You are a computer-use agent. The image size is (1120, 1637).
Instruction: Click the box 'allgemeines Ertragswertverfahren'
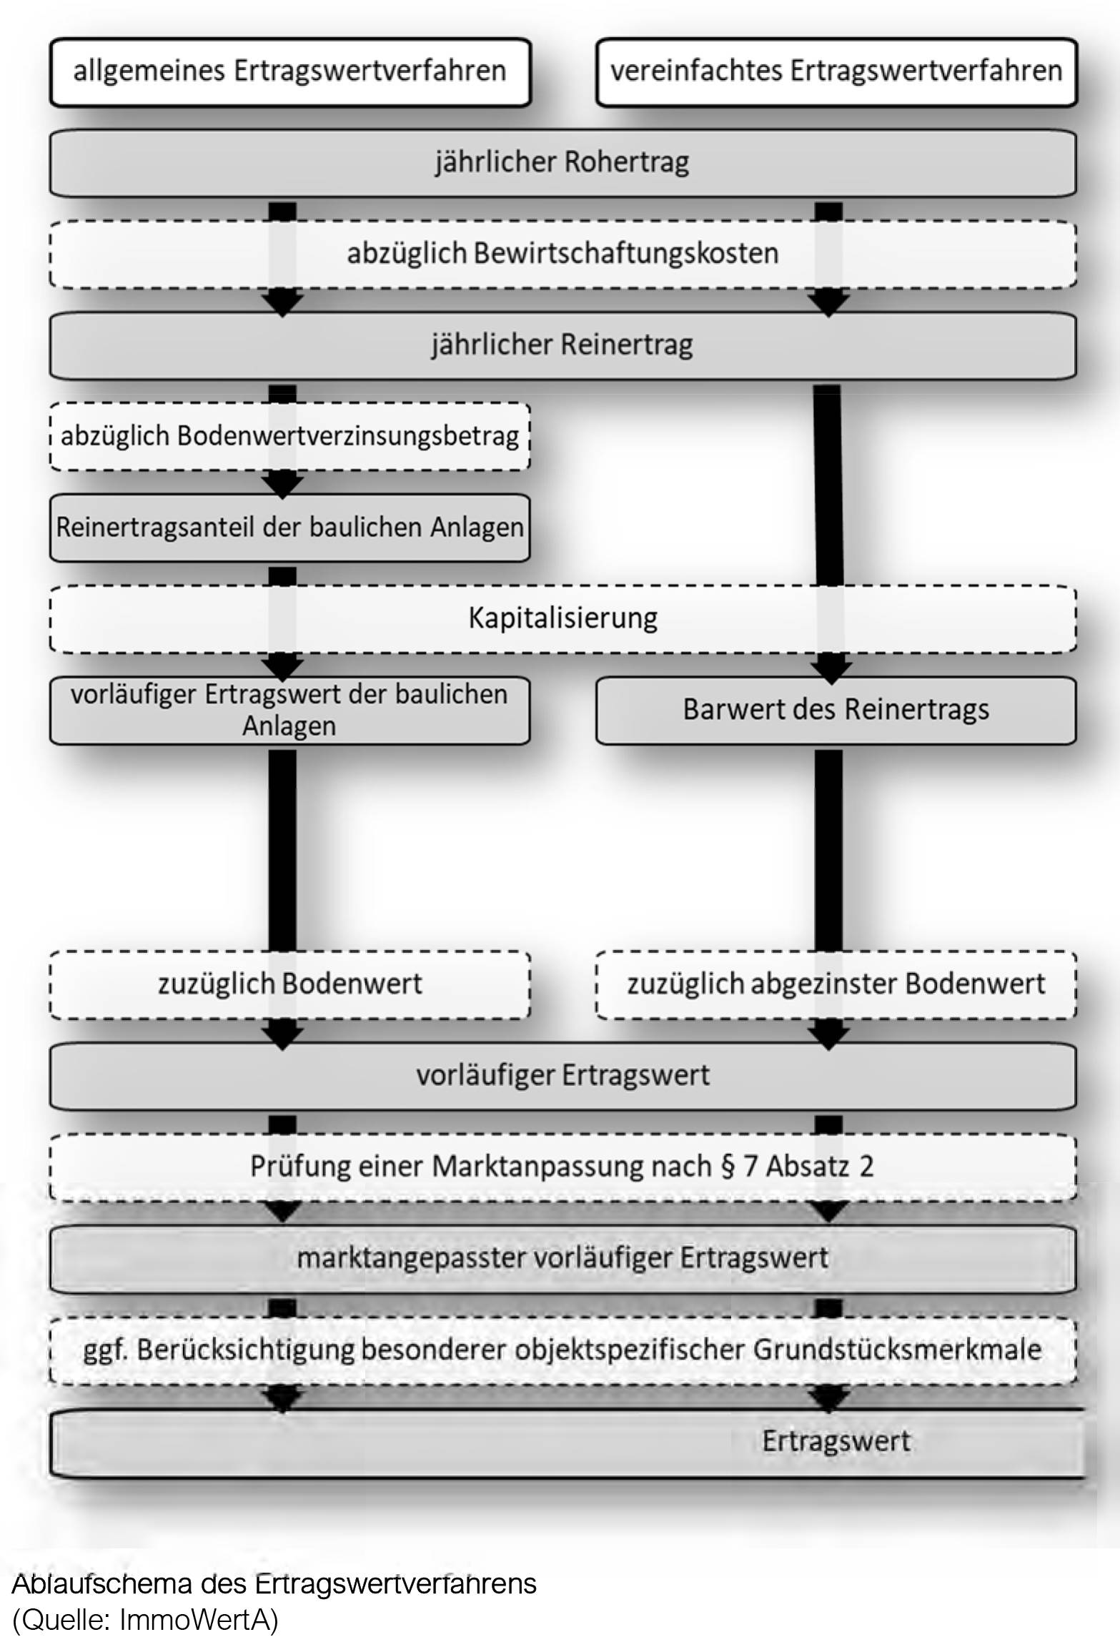(289, 72)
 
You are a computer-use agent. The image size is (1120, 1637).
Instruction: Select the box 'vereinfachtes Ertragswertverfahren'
(836, 72)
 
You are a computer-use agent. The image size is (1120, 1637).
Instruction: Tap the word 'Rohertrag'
(625, 162)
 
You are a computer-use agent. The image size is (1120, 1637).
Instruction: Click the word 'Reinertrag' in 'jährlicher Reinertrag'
(627, 345)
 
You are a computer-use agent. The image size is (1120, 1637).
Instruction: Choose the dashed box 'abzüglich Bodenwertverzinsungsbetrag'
(289, 437)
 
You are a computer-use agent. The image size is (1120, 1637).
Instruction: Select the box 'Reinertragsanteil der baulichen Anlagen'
(289, 528)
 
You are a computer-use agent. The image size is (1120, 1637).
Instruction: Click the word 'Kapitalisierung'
(563, 618)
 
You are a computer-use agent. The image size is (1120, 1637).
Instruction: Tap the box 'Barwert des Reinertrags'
(836, 710)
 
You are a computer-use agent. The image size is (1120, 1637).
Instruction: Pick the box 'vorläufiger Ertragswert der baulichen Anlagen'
(289, 710)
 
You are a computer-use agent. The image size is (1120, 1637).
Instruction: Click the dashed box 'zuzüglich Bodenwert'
(289, 984)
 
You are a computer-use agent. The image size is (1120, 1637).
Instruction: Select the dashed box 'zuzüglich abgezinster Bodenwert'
(836, 984)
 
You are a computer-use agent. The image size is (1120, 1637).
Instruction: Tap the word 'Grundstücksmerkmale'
(897, 1350)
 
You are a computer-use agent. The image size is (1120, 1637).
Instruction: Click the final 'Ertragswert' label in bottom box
(836, 1441)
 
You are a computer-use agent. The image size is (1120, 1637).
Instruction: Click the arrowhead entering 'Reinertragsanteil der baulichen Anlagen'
(283, 486)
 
